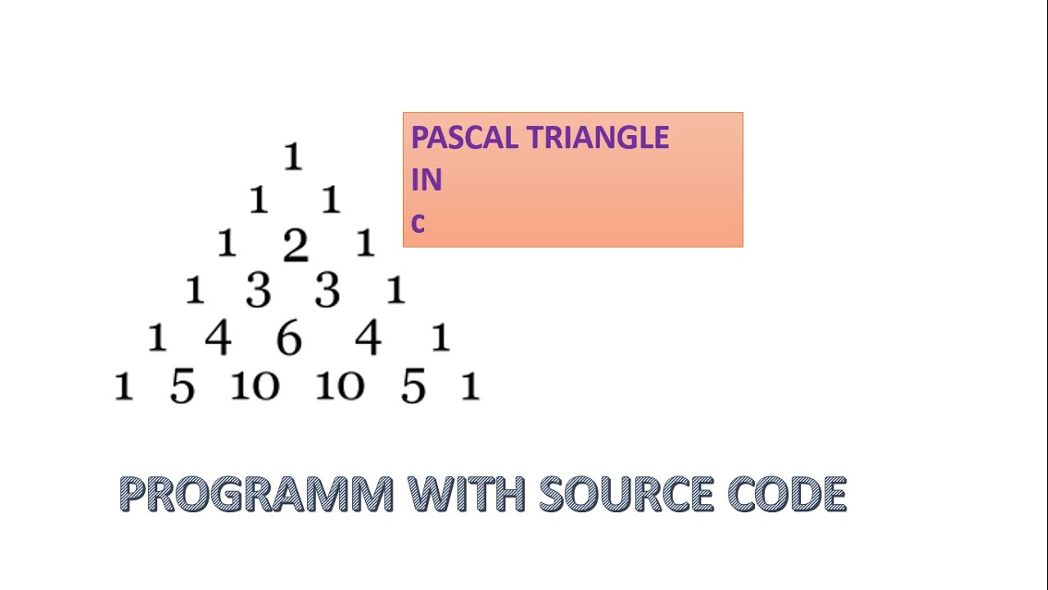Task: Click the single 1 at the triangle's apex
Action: point(292,157)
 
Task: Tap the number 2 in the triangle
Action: point(296,245)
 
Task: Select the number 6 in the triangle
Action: point(288,338)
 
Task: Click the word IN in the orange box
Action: point(427,180)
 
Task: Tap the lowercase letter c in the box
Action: point(418,223)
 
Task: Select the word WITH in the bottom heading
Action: point(466,494)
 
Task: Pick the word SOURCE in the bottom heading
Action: point(626,494)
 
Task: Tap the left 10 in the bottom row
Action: point(255,385)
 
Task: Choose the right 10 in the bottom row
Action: point(340,385)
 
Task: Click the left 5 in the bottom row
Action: point(182,387)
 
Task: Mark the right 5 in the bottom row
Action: point(413,387)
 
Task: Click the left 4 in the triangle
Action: point(218,338)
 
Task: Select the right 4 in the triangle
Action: point(368,338)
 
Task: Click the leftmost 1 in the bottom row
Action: point(124,386)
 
